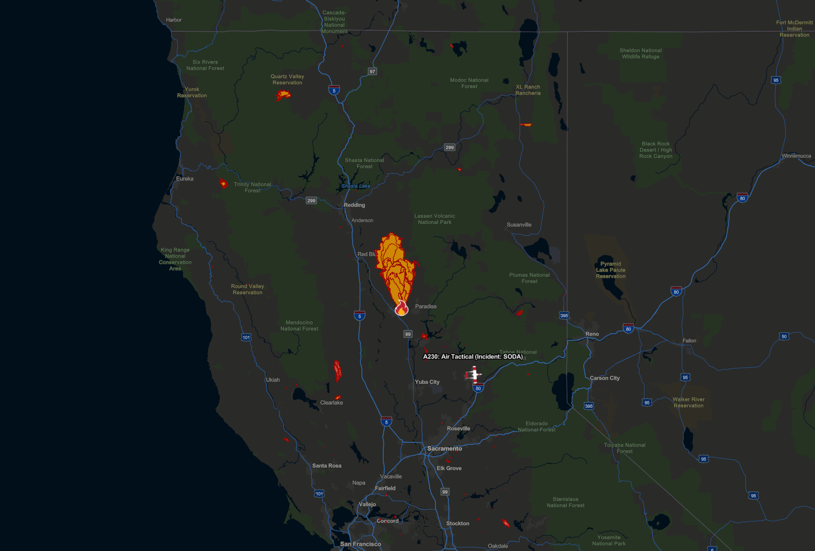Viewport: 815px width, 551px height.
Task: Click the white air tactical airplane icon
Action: (x=473, y=374)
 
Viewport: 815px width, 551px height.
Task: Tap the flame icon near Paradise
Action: (x=401, y=309)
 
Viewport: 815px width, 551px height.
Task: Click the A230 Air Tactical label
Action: (x=473, y=356)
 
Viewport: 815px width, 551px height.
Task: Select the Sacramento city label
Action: (x=444, y=449)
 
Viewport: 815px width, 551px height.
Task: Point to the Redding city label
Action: (x=354, y=205)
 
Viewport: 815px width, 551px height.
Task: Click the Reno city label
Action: (x=592, y=334)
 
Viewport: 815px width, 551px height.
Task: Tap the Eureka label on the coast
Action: (x=185, y=178)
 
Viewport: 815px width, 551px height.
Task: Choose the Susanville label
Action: (x=519, y=225)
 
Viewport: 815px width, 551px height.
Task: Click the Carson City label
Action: (x=605, y=378)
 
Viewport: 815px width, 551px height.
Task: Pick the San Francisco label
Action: (x=360, y=544)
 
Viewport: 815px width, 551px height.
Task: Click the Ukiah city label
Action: (x=273, y=380)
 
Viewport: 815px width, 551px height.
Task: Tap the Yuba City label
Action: (x=427, y=382)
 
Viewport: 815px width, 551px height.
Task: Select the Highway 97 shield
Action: (x=372, y=71)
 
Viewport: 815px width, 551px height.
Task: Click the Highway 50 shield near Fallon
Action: (x=784, y=336)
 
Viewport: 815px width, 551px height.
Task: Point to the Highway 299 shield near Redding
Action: (x=311, y=201)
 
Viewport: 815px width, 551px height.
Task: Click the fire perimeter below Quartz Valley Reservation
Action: (x=283, y=95)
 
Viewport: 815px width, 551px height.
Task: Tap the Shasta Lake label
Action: (x=356, y=186)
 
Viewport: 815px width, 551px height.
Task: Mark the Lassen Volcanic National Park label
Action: (x=434, y=219)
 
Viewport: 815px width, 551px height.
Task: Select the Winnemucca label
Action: (x=796, y=156)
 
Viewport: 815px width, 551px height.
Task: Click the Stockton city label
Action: (x=458, y=524)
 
